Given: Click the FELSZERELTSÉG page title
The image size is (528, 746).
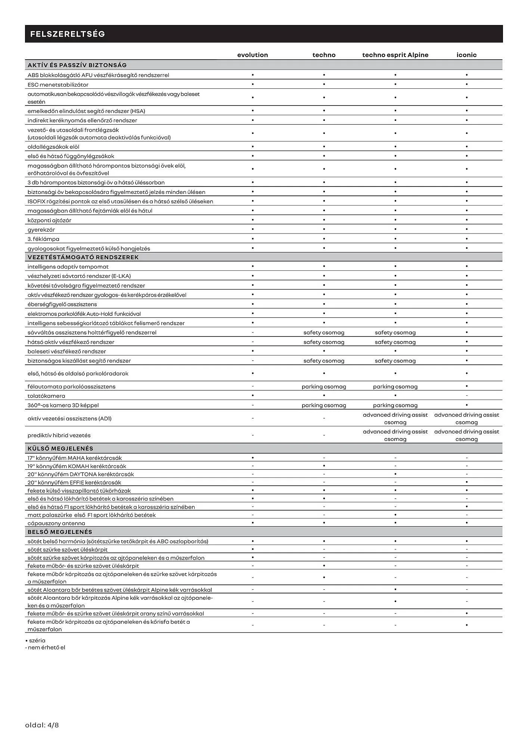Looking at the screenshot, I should [68, 34].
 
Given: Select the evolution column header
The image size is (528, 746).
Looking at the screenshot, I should [252, 55].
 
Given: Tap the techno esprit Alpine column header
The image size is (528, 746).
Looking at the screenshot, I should [395, 55].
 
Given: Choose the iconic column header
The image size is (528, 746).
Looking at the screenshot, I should [466, 55].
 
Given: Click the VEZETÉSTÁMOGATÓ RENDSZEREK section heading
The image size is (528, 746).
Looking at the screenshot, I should [83, 257].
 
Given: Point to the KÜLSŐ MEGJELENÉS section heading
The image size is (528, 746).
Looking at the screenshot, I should [60, 448].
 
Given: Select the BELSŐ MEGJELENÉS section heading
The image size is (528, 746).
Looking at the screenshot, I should [60, 532].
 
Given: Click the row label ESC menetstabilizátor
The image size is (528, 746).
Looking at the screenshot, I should [58, 85].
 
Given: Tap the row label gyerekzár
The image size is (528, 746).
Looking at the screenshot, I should [41, 230].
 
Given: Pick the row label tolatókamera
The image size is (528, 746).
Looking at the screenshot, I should [46, 396].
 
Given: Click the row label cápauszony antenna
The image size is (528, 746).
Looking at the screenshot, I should [56, 523].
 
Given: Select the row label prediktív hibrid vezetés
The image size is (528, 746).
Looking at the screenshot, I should [59, 435].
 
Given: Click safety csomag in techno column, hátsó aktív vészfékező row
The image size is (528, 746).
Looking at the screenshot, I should [324, 342].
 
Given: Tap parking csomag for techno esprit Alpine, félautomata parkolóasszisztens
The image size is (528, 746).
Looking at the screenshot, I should [395, 386].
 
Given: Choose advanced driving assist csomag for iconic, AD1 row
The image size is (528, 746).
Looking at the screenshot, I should [466, 419].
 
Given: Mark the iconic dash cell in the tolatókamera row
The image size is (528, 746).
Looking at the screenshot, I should [466, 396].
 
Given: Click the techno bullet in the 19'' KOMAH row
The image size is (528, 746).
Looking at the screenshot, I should [324, 466].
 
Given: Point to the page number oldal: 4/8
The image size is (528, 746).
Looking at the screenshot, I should [42, 725].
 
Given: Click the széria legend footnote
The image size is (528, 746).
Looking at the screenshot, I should [35, 640].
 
